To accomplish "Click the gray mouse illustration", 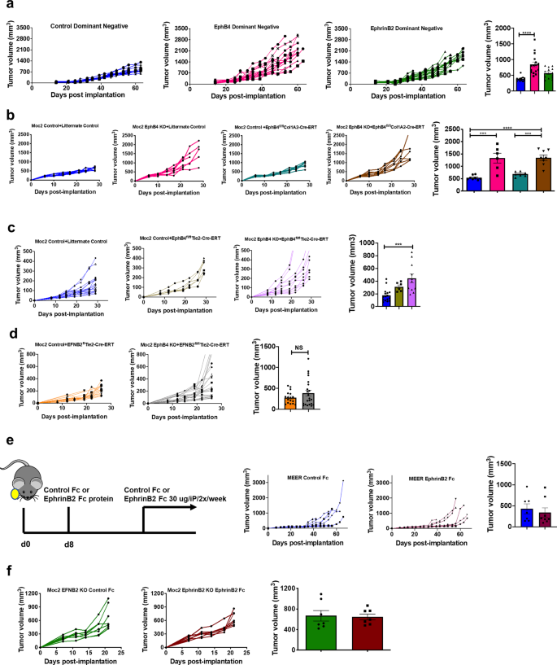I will pos(24,473).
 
